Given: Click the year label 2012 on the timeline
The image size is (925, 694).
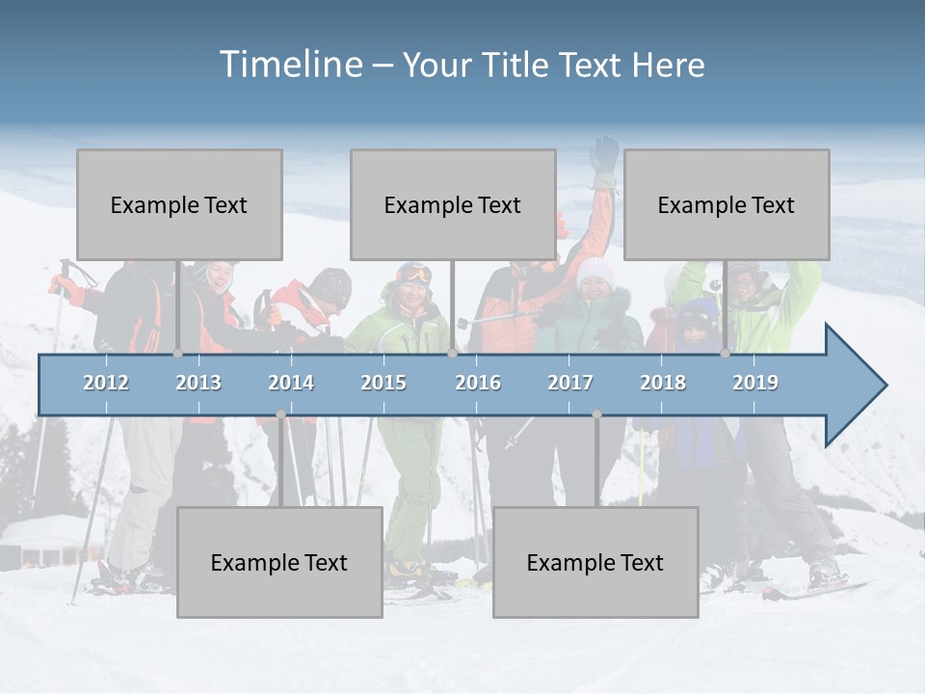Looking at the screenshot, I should pyautogui.click(x=106, y=383).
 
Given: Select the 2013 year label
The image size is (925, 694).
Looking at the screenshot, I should pyautogui.click(x=198, y=383).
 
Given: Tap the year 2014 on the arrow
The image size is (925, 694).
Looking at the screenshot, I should pyautogui.click(x=291, y=383).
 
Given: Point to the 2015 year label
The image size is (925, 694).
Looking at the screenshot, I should pyautogui.click(x=383, y=383).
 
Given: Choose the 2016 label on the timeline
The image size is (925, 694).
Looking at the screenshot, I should pyautogui.click(x=478, y=383).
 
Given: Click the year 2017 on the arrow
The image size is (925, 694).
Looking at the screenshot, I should pyautogui.click(x=570, y=383).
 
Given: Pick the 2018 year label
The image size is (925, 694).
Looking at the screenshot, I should pyautogui.click(x=663, y=383).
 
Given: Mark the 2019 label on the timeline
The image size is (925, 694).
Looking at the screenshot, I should pyautogui.click(x=755, y=383).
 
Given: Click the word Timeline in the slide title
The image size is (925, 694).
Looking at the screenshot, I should pyautogui.click(x=290, y=65).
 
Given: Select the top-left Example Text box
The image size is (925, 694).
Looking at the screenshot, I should pyautogui.click(x=179, y=204).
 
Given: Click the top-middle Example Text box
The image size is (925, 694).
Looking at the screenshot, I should pyautogui.click(x=453, y=204).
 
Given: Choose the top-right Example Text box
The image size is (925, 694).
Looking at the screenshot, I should pyautogui.click(x=727, y=204).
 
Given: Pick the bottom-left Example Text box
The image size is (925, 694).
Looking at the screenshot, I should pyautogui.click(x=279, y=562).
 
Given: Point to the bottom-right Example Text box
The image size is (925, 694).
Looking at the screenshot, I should pyautogui.click(x=595, y=562).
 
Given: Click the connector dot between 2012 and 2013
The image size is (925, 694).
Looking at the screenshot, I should pyautogui.click(x=177, y=354).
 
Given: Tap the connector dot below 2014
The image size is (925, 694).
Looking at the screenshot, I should pyautogui.click(x=280, y=414).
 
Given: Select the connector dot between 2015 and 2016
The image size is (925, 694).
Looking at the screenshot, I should pyautogui.click(x=452, y=354).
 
